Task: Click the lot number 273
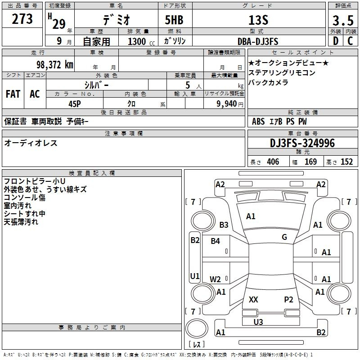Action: coord(22,19)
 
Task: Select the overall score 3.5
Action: coord(343,20)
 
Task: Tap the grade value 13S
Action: coord(258,20)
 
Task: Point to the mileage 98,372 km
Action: coord(55,65)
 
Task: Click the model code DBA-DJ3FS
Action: coord(258,41)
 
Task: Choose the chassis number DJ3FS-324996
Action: coord(302,143)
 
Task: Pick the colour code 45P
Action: coord(75,104)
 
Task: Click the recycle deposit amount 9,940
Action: coord(227,104)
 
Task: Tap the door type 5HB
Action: coord(174,20)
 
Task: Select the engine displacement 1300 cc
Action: coord(141,41)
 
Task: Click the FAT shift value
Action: coord(13,94)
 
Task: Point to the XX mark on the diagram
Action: coord(253,299)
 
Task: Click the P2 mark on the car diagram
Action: coord(288,299)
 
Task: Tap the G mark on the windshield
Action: coord(284,237)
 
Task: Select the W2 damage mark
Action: coord(215,279)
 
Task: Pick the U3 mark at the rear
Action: coord(258,322)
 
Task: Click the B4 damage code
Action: coord(216,241)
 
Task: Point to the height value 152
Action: coord(346,162)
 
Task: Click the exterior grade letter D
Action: coord(336,41)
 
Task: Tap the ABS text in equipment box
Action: coord(258,121)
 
